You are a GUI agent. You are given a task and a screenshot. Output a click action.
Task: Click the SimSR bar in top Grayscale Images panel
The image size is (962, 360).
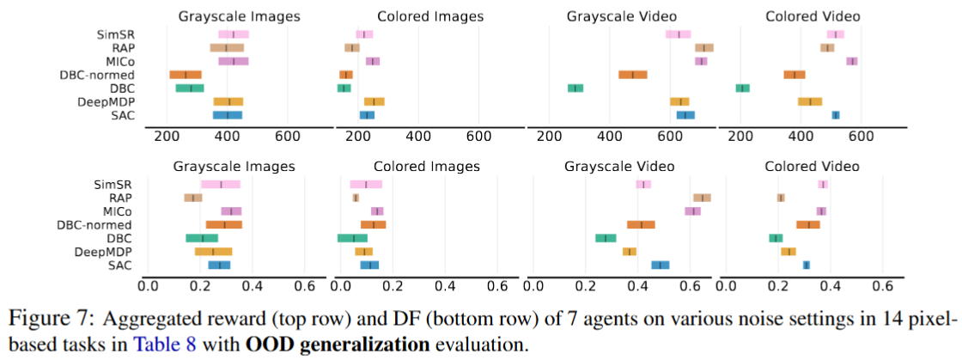coord(234,34)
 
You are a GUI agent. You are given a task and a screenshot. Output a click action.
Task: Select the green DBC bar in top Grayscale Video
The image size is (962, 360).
coord(575,88)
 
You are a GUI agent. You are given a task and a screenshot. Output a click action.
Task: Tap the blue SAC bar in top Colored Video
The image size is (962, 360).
coord(836,114)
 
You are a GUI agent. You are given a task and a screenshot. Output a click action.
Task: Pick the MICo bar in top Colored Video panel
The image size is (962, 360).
coord(852,61)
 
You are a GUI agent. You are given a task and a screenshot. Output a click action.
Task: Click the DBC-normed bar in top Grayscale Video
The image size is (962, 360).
coord(633,75)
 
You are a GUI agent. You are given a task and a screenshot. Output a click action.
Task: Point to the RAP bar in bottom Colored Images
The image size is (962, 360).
coord(356,198)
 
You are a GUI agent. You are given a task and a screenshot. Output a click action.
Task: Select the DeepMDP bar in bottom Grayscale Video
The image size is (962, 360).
coord(630,251)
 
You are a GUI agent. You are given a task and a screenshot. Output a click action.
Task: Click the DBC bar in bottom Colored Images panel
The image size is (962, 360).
coord(353,238)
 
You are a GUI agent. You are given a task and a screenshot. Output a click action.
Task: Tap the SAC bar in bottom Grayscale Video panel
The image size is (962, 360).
coord(661,265)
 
